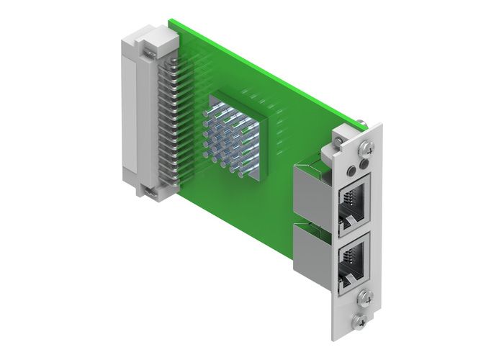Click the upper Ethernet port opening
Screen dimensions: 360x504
[354, 200]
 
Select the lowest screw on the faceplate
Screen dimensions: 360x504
[359, 318]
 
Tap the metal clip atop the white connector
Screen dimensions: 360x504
[148, 50]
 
